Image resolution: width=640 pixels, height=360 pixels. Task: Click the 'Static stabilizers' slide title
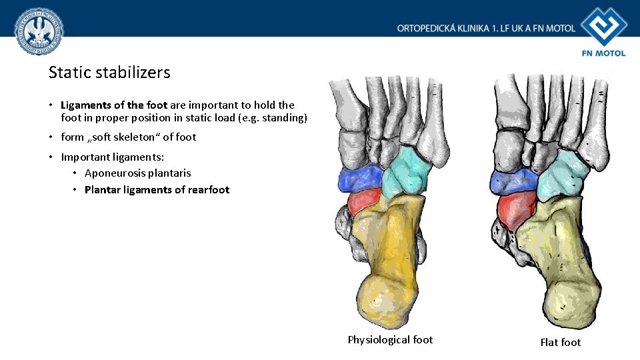coord(109,72)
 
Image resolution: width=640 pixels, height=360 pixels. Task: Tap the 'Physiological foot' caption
coord(390,340)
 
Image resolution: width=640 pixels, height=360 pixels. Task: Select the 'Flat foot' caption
coord(560,343)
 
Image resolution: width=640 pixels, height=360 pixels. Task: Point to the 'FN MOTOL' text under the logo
coord(603,53)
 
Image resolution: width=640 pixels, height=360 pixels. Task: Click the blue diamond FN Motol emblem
coord(603,26)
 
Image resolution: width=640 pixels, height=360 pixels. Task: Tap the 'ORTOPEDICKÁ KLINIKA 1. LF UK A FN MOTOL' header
coord(486,28)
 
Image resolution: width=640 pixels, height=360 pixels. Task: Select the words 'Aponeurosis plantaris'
coord(137,173)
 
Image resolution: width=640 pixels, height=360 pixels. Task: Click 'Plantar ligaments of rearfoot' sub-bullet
coord(157,190)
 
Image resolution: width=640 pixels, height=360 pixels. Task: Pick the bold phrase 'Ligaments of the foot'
coord(114,105)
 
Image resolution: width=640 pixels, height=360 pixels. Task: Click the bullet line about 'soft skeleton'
coord(129,137)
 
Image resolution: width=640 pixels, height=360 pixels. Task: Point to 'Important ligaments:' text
coord(112,157)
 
